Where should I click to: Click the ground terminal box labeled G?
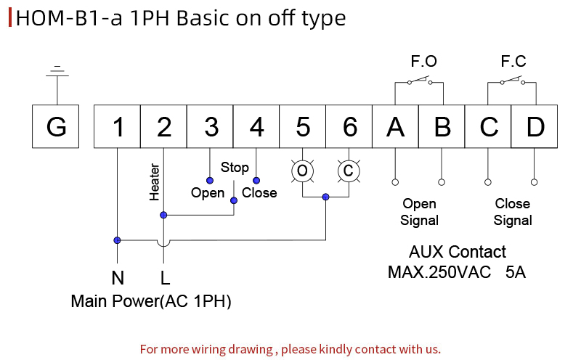click(56, 126)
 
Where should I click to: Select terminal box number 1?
click(117, 126)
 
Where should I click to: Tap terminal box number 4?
click(256, 126)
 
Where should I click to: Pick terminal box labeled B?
click(442, 126)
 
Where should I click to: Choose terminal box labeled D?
click(535, 126)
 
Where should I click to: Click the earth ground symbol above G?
click(57, 71)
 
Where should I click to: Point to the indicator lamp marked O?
click(302, 171)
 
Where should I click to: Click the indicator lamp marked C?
click(349, 171)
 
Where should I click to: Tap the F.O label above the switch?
click(424, 61)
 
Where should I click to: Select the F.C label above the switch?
click(513, 61)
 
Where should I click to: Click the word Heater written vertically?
click(154, 182)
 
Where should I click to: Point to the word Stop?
click(235, 168)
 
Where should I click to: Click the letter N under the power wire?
click(118, 278)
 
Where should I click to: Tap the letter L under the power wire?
click(166, 278)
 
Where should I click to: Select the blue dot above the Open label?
click(210, 181)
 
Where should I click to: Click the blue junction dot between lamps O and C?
click(325, 197)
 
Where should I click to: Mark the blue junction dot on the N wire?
click(117, 240)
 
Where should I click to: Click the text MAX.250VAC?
click(439, 272)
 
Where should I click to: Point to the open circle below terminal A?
click(395, 182)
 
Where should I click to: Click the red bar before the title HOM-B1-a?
click(10, 17)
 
